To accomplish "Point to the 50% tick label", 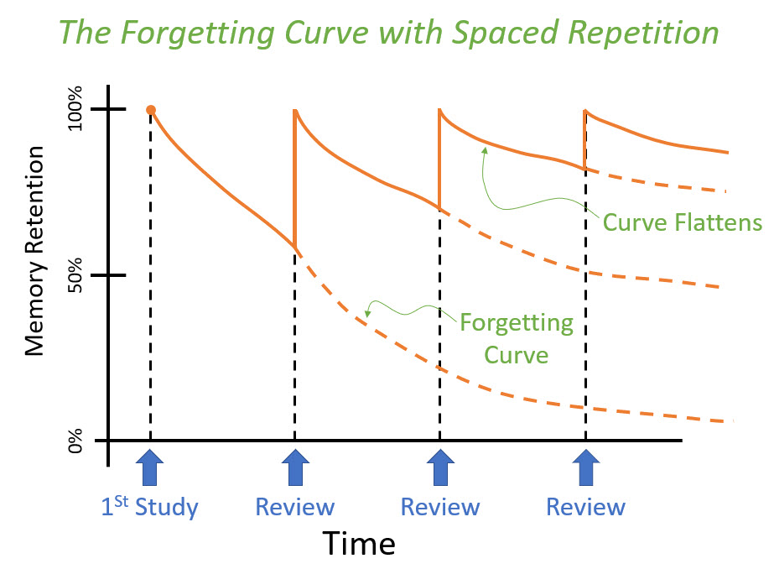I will pyautogui.click(x=76, y=276).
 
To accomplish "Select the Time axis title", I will pyautogui.click(x=359, y=545).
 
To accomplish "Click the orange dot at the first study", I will pyautogui.click(x=151, y=110).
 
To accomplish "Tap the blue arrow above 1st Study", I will pyautogui.click(x=150, y=467).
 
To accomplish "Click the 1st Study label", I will pyautogui.click(x=150, y=507).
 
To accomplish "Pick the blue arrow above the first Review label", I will pyautogui.click(x=294, y=467).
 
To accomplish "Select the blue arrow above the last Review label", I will pyautogui.click(x=585, y=467).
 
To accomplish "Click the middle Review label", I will pyautogui.click(x=440, y=507).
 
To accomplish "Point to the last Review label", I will pyautogui.click(x=585, y=507).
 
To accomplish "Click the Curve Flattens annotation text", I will pyautogui.click(x=682, y=223).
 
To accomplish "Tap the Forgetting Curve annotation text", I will pyautogui.click(x=516, y=338).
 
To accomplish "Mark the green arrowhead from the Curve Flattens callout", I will pyautogui.click(x=485, y=149).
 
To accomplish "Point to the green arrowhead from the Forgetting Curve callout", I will pyautogui.click(x=367, y=315).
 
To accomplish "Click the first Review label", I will pyautogui.click(x=294, y=507).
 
